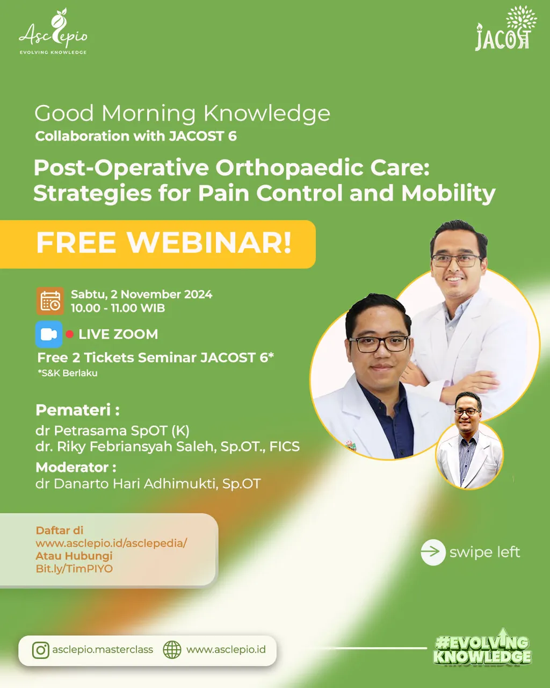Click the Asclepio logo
click(53, 31)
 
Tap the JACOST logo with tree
click(505, 28)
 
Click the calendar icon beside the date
click(50, 301)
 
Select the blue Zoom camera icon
click(49, 334)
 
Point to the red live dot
click(70, 334)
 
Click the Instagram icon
click(41, 650)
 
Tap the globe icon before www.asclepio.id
click(172, 650)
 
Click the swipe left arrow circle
click(433, 552)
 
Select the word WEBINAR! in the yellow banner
click(209, 242)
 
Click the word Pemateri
click(73, 410)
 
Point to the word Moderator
click(72, 468)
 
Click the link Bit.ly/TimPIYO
click(74, 569)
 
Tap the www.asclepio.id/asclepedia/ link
click(111, 543)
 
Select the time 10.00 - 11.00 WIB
click(118, 308)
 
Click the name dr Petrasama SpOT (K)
click(112, 431)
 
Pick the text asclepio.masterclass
click(103, 650)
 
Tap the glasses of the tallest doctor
click(457, 261)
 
